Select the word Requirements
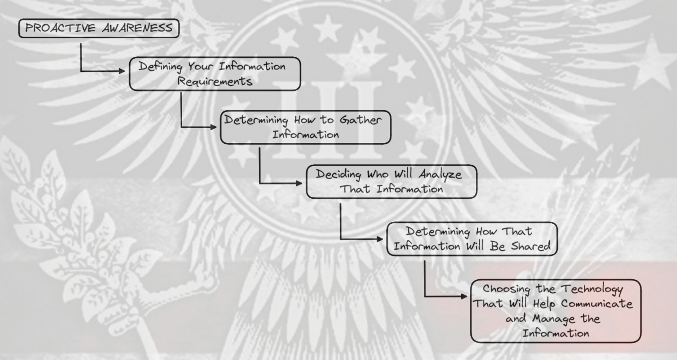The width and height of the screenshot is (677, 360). (215, 81)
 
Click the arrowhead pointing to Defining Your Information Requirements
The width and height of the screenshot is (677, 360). (125, 71)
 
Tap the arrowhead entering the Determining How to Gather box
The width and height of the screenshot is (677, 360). (216, 127)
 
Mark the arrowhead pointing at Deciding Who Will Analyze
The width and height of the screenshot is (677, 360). (301, 183)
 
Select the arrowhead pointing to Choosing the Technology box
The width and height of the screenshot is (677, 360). (466, 297)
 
